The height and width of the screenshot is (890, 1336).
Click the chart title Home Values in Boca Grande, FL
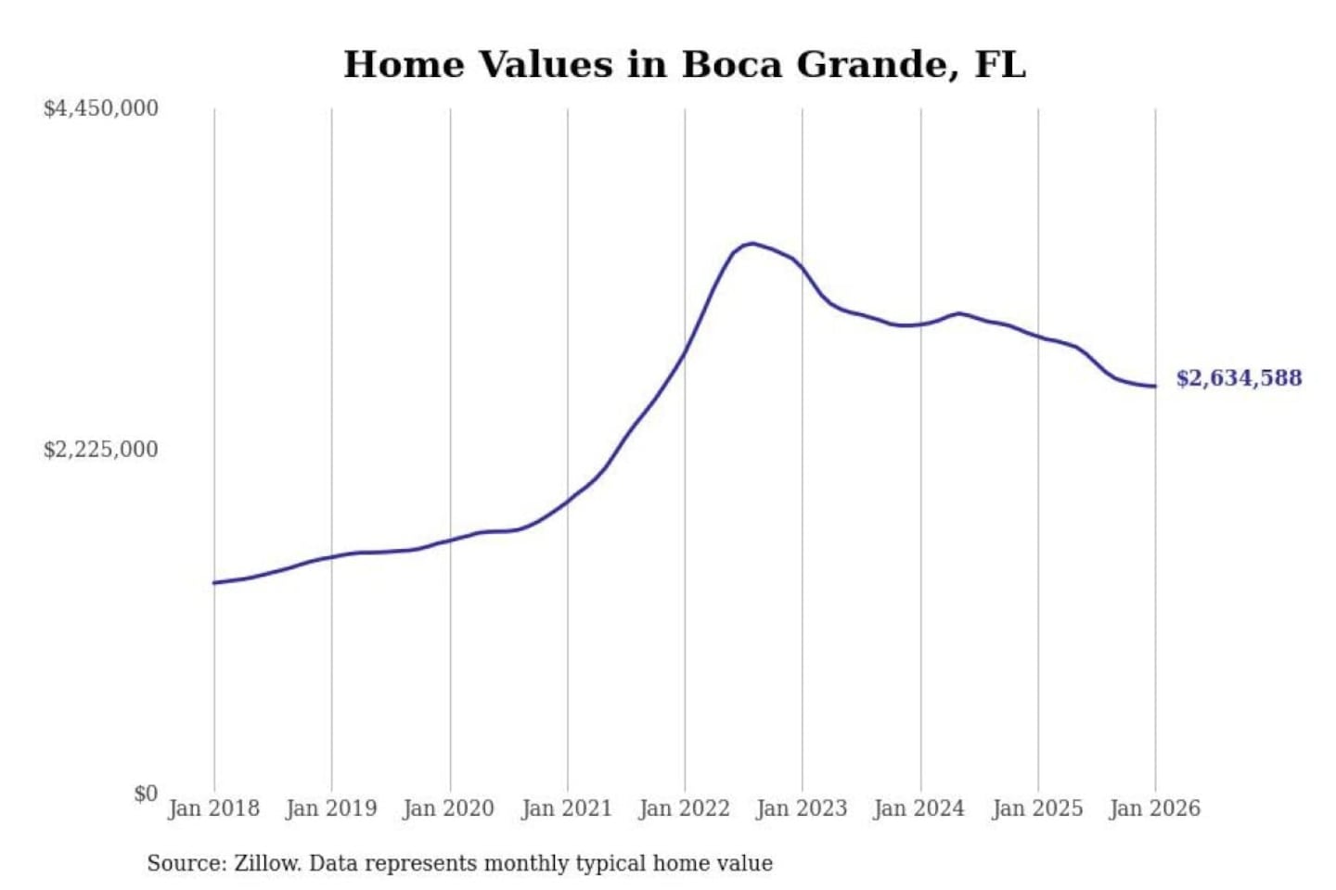(685, 65)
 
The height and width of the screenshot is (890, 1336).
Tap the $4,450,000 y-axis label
(100, 108)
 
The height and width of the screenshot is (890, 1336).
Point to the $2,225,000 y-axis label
(100, 450)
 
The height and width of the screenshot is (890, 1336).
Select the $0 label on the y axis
(146, 794)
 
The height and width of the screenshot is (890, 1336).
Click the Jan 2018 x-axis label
(213, 808)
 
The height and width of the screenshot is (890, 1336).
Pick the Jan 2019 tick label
(331, 808)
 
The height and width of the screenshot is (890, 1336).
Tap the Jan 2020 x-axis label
(449, 808)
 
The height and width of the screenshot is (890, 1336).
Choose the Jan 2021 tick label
(567, 808)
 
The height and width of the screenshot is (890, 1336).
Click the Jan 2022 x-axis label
(685, 808)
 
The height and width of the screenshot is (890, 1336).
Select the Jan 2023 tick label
(803, 808)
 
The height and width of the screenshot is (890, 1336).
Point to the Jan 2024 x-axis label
(919, 808)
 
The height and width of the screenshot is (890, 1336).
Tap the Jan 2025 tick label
(1037, 808)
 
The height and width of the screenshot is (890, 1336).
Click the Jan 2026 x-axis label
(1155, 808)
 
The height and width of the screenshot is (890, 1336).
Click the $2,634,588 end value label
(1239, 378)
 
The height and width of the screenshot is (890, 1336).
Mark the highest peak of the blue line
(752, 244)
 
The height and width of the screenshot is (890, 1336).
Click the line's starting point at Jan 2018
(214, 582)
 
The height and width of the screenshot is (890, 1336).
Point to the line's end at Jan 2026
(1155, 386)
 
